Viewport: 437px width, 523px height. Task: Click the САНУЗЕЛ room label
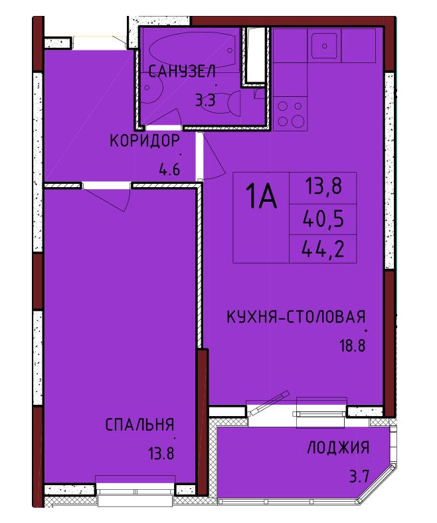182,72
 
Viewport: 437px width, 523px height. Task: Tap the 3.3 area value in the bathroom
205,100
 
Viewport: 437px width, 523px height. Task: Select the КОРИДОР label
145,141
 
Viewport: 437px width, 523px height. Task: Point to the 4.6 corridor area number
169,170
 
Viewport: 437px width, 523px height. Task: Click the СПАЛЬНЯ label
140,425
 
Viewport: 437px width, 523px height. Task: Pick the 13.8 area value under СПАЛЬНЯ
161,454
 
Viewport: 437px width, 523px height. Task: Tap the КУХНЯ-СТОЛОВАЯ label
296,317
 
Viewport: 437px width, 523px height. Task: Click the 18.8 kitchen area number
353,346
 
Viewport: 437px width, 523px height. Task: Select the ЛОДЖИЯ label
338,447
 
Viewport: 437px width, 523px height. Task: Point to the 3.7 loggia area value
359,477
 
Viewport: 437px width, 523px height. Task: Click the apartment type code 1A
261,197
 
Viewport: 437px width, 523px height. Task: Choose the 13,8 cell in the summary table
323,186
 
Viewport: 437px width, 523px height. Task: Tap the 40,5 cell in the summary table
323,220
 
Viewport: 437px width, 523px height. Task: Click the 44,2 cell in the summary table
323,249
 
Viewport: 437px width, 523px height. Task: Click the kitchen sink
324,46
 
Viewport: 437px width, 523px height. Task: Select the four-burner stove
290,113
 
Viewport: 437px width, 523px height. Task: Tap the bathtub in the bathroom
193,50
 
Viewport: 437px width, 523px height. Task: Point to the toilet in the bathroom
226,103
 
